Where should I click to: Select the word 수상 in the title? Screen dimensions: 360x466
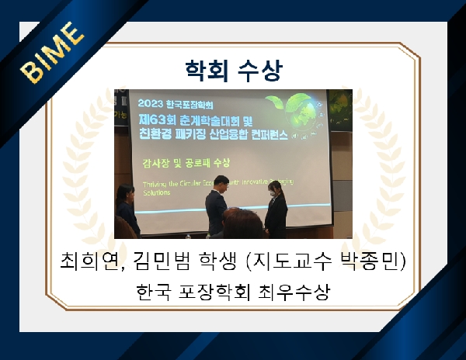261,70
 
